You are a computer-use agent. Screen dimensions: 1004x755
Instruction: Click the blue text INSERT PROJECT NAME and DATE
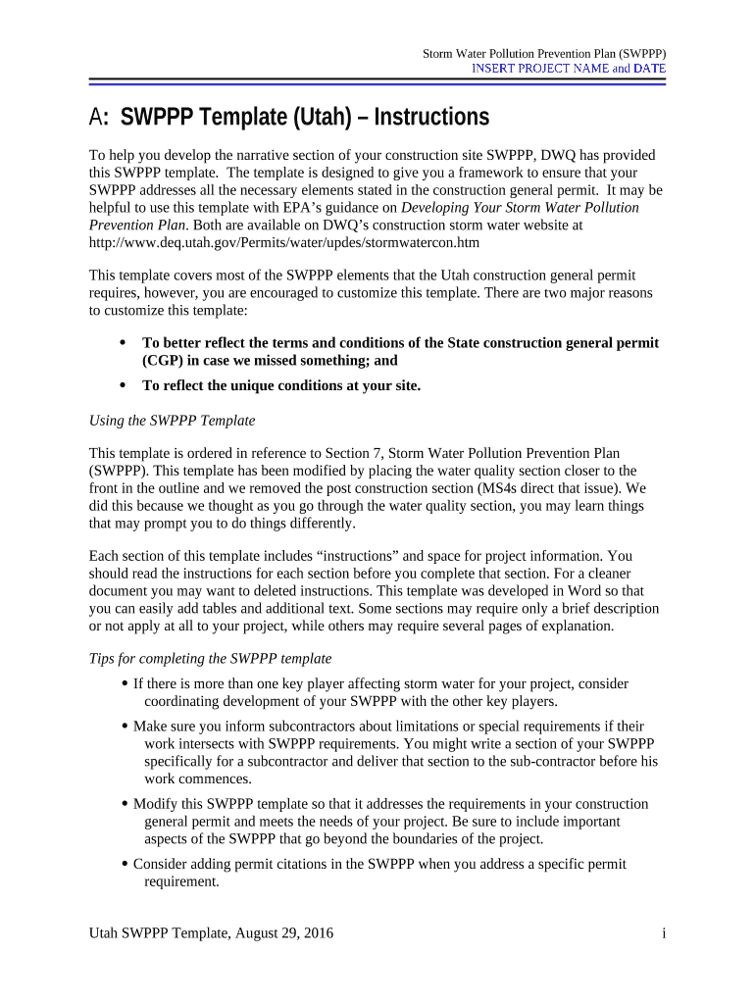[x=569, y=69]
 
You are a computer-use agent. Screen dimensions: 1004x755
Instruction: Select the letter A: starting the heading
[x=99, y=118]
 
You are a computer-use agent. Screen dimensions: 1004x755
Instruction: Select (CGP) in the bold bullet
[x=164, y=360]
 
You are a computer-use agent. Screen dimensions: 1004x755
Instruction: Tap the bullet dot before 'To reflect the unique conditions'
[x=122, y=385]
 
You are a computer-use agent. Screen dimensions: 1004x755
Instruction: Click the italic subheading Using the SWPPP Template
[x=172, y=420]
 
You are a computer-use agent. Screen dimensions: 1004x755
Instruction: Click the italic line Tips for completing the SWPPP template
[x=210, y=658]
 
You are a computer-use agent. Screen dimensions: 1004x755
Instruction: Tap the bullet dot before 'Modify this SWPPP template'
[x=125, y=804]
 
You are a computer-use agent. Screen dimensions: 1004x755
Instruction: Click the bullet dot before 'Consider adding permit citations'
[x=125, y=864]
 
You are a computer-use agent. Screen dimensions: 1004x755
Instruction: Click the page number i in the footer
[x=664, y=933]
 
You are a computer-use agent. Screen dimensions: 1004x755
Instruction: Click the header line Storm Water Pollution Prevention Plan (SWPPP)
[x=543, y=52]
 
